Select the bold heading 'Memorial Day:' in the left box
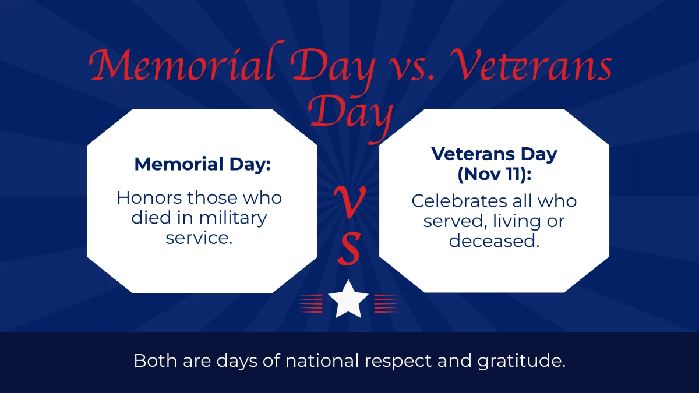(x=202, y=164)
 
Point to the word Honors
(x=149, y=198)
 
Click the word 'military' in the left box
(x=233, y=218)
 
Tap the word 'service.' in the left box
(x=199, y=238)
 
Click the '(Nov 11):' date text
(x=494, y=174)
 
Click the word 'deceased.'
(x=494, y=240)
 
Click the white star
(x=348, y=299)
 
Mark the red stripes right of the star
(x=386, y=303)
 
